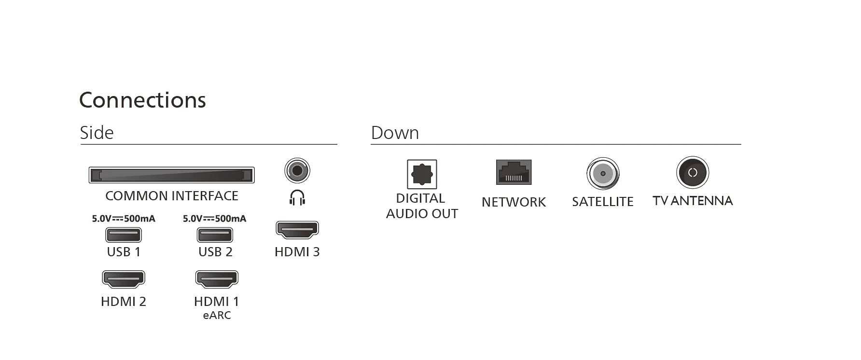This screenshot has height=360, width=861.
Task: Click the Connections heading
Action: tap(142, 100)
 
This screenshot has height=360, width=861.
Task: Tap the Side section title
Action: tap(97, 133)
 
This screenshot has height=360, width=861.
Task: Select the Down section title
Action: tap(395, 133)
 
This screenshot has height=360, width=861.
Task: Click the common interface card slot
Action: tap(171, 175)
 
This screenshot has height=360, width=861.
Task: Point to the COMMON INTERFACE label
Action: tap(171, 196)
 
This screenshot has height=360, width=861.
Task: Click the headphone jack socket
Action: tap(297, 170)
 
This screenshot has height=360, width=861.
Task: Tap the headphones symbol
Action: tap(297, 197)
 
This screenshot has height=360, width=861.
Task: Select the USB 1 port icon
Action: tap(124, 235)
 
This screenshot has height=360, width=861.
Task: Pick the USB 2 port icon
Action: tap(215, 235)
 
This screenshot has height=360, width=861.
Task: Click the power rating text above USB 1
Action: tap(124, 219)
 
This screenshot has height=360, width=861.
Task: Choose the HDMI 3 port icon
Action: tap(297, 230)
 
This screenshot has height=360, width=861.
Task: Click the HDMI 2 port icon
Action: tap(124, 279)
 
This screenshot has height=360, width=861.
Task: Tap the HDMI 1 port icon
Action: tap(217, 279)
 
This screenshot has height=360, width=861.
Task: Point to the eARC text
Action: tap(217, 316)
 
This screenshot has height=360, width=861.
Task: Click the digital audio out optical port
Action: tap(422, 174)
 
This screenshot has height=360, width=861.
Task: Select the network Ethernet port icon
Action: tap(514, 172)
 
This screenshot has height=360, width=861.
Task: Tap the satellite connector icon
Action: tap(603, 174)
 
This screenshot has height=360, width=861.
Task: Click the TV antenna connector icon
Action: tap(693, 172)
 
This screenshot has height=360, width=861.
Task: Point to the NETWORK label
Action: tap(514, 202)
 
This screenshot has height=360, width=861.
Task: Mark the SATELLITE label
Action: tap(603, 202)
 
